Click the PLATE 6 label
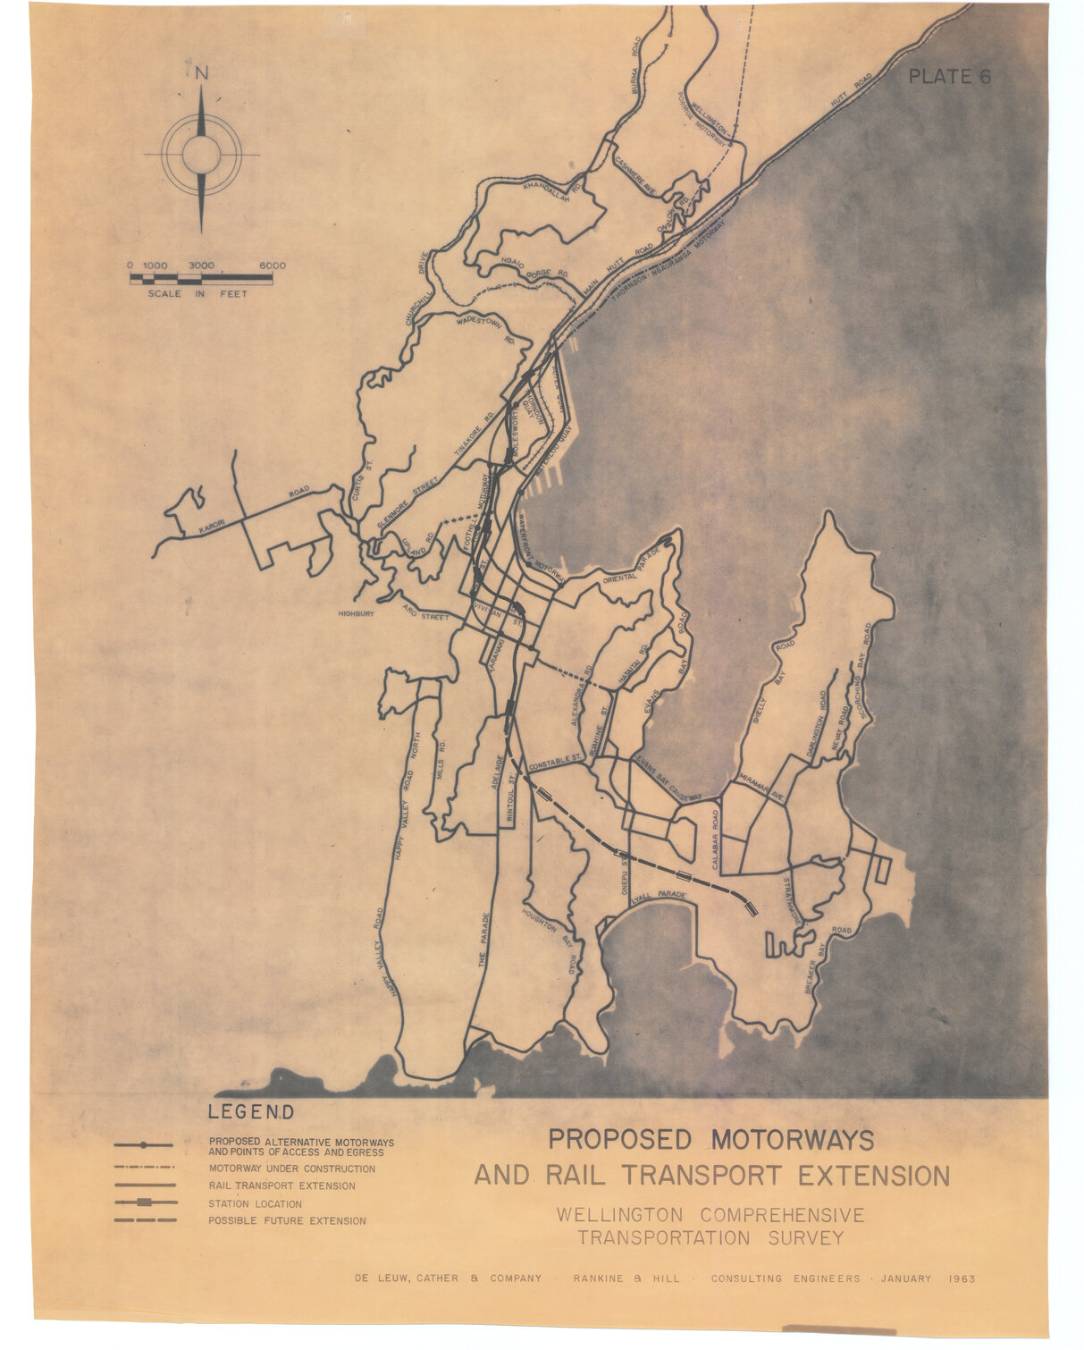click(949, 77)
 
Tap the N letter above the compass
click(202, 74)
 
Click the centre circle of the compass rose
click(202, 154)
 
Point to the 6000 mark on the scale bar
click(273, 266)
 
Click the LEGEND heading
click(250, 1113)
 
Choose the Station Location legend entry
click(255, 1204)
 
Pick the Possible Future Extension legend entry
click(287, 1221)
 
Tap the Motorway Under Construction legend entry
click(291, 1169)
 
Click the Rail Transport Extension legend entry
click(282, 1186)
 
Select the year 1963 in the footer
click(961, 1278)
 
